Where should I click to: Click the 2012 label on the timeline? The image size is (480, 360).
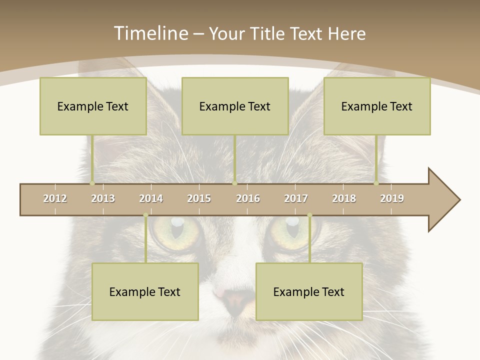tap(55, 198)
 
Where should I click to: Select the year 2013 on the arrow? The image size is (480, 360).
tap(103, 198)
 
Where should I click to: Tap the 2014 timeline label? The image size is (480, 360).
tap(151, 198)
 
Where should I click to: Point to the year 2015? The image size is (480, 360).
tap(199, 198)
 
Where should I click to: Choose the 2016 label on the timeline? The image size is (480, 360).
tap(248, 198)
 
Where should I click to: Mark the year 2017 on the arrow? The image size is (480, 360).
tap(296, 198)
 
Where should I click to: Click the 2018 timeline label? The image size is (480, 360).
tap(344, 198)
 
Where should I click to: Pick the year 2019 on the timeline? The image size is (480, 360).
tap(392, 198)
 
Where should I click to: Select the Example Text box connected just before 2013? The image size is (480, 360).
tap(93, 106)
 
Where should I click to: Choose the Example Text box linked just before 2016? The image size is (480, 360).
tap(235, 106)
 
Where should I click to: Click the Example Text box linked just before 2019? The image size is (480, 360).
tap(377, 106)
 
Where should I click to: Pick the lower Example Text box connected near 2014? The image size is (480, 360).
tap(145, 291)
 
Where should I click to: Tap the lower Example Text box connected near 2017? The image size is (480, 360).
tap(309, 291)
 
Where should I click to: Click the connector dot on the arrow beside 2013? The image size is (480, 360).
tap(92, 183)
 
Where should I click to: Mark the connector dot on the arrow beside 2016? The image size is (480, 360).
tap(234, 183)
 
